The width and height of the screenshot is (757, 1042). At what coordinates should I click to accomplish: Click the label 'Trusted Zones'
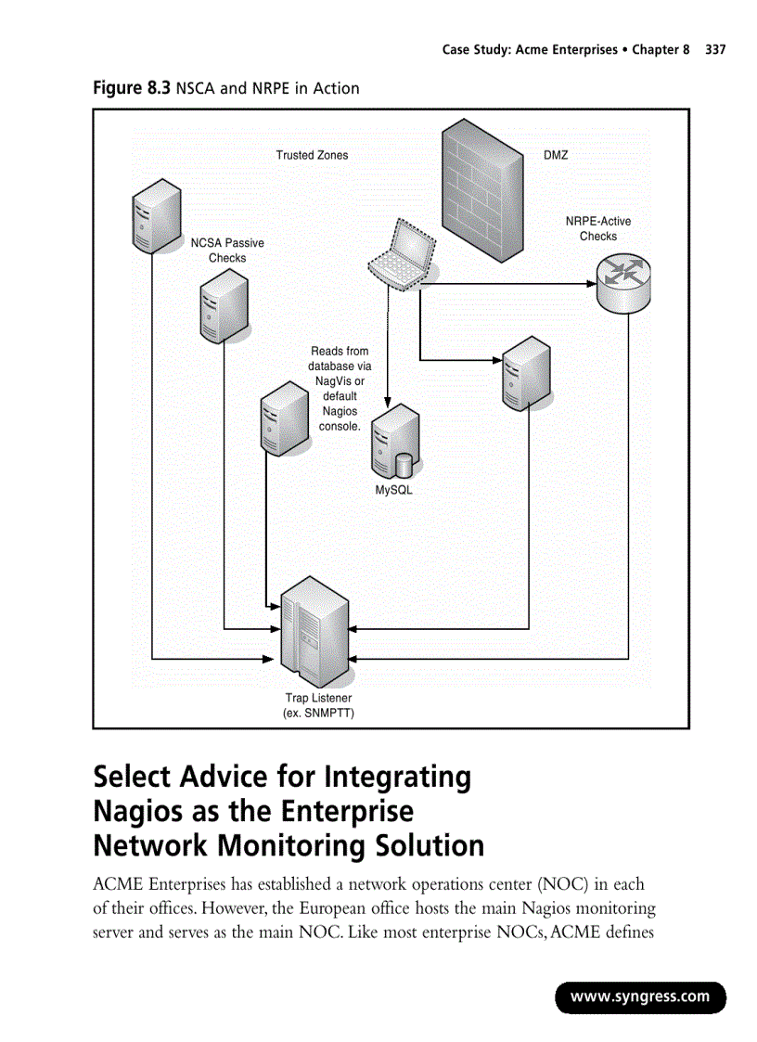(x=312, y=156)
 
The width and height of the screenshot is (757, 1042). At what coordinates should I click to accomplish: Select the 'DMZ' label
(x=556, y=156)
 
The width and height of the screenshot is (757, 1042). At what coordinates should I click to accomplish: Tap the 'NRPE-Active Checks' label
(x=598, y=229)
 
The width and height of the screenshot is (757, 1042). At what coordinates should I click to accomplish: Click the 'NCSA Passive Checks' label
(x=227, y=251)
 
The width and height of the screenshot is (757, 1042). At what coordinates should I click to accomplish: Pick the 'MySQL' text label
(x=393, y=490)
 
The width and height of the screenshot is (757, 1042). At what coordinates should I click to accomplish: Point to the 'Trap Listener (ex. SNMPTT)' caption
(x=318, y=705)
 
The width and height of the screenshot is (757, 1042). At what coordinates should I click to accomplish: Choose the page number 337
(x=715, y=49)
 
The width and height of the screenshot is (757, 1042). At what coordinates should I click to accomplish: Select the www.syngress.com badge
(x=640, y=997)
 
